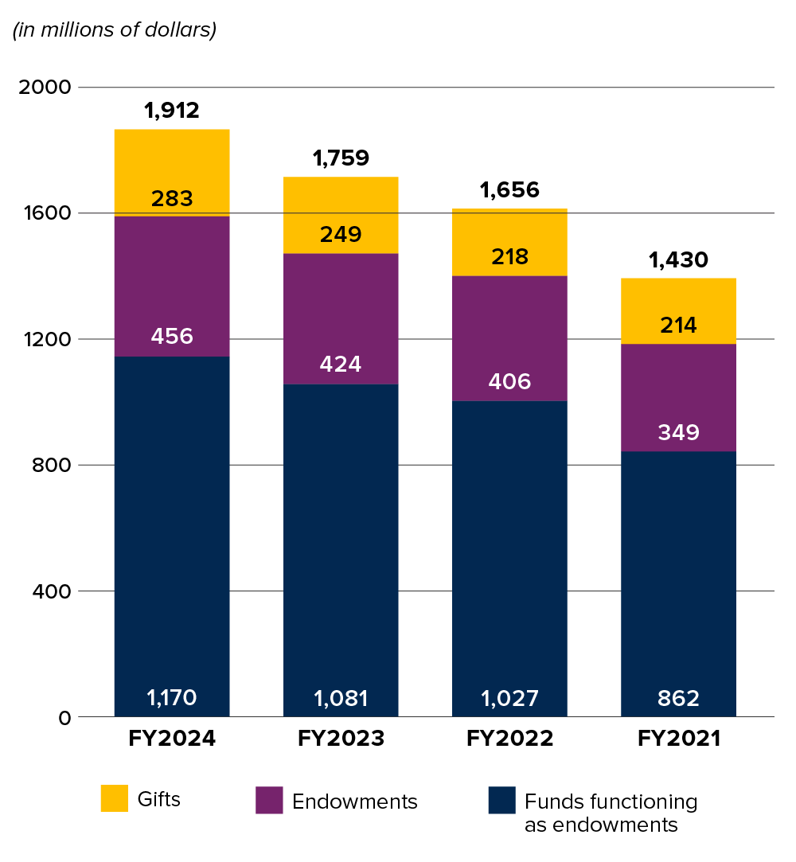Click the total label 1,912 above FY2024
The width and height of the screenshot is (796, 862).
pos(172,111)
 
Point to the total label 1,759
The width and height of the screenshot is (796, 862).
pos(341,158)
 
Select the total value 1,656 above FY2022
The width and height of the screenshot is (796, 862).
pos(509,190)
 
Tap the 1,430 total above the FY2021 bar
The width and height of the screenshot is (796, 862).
pos(678,259)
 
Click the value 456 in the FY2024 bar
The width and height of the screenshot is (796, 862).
pos(172,336)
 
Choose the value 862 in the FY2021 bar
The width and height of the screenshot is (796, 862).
pos(678,698)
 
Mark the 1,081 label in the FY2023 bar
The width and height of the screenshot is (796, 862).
pos(341,698)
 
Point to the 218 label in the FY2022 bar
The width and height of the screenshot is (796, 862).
pos(509,256)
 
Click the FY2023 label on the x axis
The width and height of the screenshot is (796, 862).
pos(341,739)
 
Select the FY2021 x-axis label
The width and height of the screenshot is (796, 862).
pos(678,739)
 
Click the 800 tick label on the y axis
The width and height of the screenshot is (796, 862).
pos(51,465)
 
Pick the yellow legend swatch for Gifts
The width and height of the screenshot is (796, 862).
pos(114,798)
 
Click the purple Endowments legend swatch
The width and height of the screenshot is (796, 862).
pos(269,801)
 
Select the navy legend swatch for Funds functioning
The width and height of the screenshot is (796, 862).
pos(501,801)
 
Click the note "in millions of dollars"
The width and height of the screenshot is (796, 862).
pos(114,31)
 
